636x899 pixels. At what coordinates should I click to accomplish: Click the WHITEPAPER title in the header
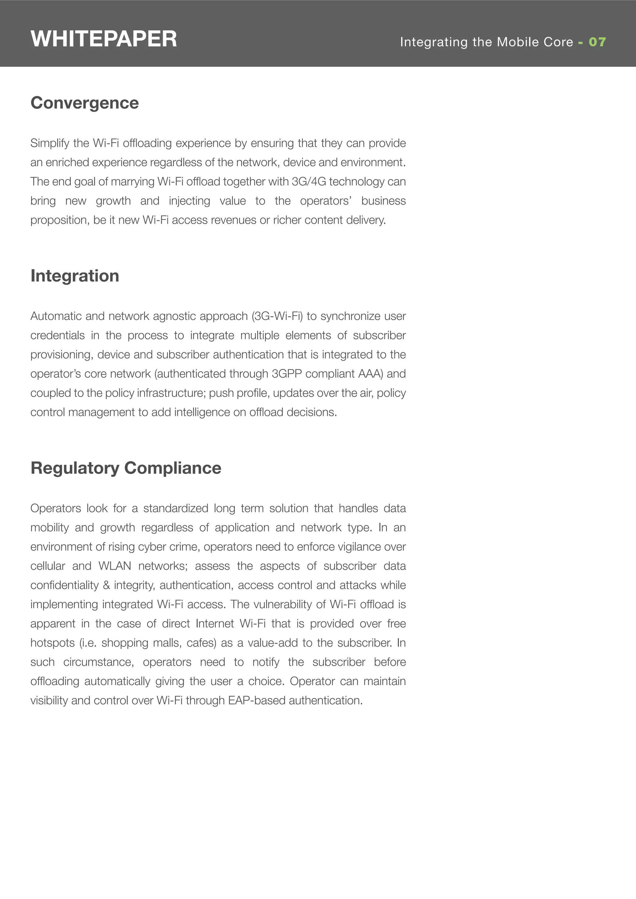(x=103, y=39)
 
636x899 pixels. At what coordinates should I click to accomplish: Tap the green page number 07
(x=597, y=42)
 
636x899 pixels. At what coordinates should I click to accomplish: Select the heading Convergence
(x=85, y=103)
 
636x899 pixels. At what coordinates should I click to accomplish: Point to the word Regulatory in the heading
(x=75, y=468)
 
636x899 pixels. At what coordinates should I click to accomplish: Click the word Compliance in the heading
(x=173, y=468)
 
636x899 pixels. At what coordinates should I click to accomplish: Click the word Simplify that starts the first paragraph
(x=49, y=143)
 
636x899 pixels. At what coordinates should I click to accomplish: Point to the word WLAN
(x=115, y=566)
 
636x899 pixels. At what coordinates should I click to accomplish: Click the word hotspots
(x=52, y=643)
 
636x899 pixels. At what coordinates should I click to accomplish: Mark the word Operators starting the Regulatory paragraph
(x=56, y=509)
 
